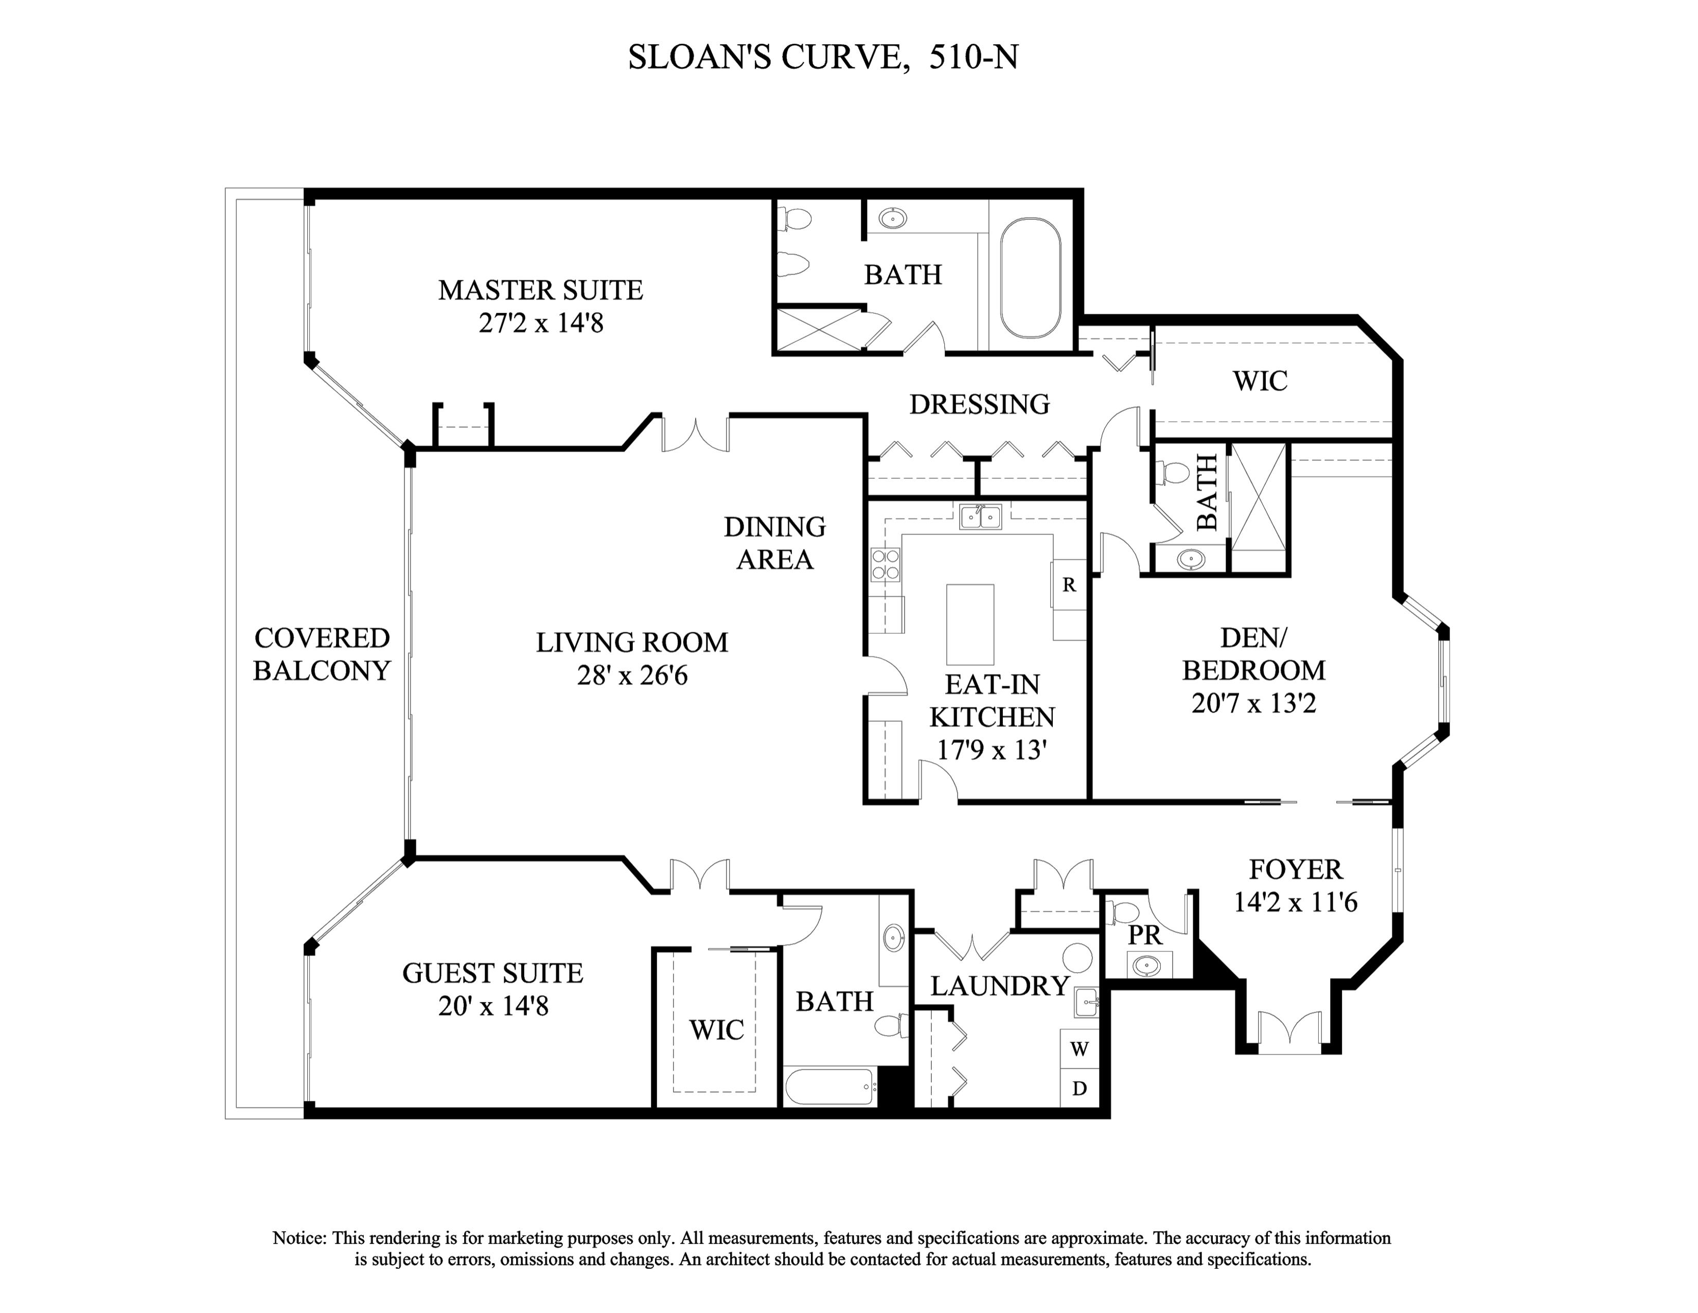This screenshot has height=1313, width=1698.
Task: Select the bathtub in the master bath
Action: pyautogui.click(x=1030, y=277)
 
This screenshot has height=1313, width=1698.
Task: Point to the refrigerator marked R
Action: pyautogui.click(x=1069, y=584)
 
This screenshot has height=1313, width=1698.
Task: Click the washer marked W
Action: pyautogui.click(x=1079, y=1048)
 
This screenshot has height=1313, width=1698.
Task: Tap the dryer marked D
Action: pyautogui.click(x=1079, y=1088)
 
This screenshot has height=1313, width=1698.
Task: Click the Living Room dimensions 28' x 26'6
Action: pyautogui.click(x=632, y=675)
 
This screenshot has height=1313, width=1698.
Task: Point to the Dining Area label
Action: pyautogui.click(x=774, y=543)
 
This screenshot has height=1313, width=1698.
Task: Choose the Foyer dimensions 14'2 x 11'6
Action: pyautogui.click(x=1295, y=902)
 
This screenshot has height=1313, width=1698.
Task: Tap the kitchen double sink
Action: pyautogui.click(x=980, y=516)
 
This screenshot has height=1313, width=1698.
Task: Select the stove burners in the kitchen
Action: pyautogui.click(x=886, y=564)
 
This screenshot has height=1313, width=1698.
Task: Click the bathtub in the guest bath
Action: pyautogui.click(x=829, y=1086)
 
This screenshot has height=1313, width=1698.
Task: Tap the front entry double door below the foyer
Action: pyautogui.click(x=1290, y=1031)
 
